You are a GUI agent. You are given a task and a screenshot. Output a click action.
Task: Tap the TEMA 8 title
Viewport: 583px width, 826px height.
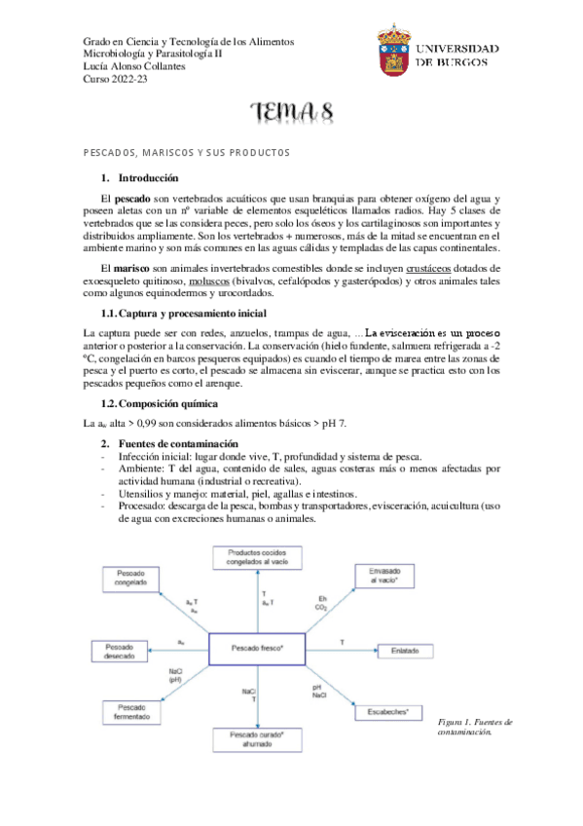point(292,114)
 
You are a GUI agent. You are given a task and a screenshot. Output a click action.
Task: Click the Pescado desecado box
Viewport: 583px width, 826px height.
point(119,651)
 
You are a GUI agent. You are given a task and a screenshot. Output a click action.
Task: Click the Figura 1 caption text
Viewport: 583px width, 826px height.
point(467,727)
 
